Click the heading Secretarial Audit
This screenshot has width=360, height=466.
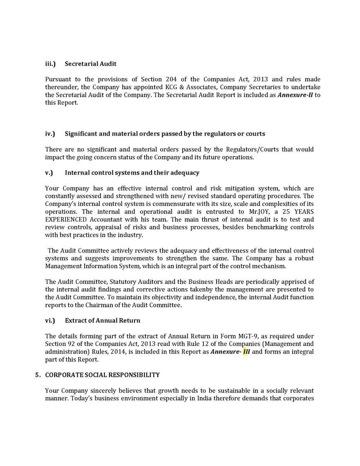(x=90, y=64)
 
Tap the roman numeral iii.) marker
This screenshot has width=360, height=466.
(x=50, y=64)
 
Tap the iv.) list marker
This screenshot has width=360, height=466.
(x=50, y=134)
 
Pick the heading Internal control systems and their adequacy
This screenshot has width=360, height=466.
(x=132, y=173)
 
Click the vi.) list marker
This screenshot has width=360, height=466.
(x=50, y=320)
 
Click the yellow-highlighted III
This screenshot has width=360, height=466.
(x=246, y=352)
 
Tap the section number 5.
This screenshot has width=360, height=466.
(x=38, y=375)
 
